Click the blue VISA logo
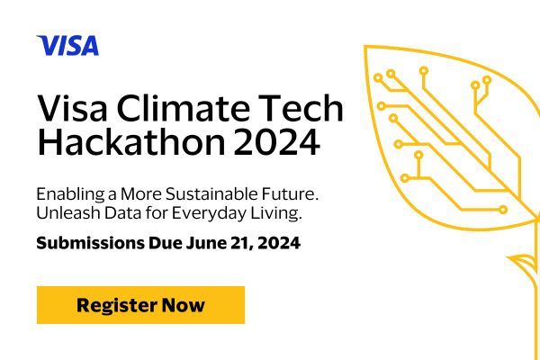click(67, 45)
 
